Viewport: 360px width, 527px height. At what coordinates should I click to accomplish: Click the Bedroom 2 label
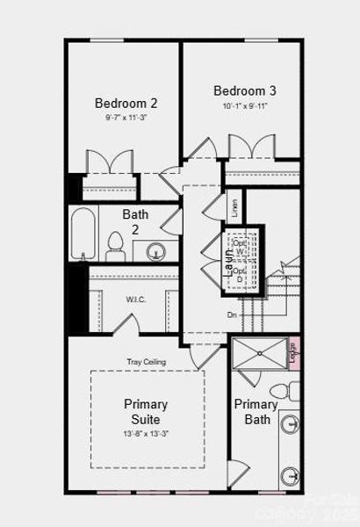coord(126,103)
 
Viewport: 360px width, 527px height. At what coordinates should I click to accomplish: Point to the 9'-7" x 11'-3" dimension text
coord(126,117)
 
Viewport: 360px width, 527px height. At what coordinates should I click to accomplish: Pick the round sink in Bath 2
coord(156,251)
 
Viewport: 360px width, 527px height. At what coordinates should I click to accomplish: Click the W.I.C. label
coord(135,299)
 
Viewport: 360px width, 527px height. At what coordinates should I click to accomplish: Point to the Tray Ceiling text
coord(146,362)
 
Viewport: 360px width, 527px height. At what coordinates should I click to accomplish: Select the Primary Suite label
coord(146,412)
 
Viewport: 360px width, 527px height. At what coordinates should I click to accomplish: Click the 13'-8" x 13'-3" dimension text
coord(146,434)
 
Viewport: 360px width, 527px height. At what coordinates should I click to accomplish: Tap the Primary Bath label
coord(256,412)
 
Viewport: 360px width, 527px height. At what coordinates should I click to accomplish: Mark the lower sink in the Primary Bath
coord(291,476)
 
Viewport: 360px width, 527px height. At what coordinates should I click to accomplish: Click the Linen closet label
coord(234,208)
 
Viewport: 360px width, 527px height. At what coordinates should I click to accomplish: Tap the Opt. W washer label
coord(240,247)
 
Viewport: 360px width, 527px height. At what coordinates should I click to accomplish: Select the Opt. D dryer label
coord(240,275)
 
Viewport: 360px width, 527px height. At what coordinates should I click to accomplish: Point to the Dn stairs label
coord(232,314)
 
